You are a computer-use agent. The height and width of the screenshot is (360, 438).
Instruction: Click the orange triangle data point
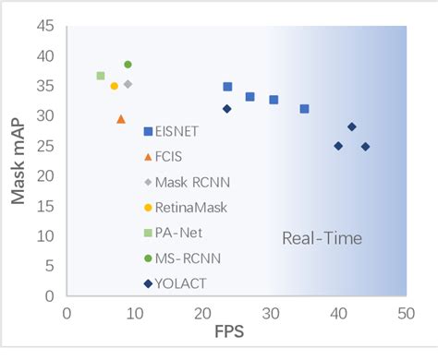pos(121,119)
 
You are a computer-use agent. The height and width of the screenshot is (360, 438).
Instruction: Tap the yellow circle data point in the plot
pos(115,86)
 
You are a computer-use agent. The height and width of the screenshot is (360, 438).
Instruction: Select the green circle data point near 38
pos(128,65)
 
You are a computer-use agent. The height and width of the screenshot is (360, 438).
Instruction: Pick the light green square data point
pos(101,76)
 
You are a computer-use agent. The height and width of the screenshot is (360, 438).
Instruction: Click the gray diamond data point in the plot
pos(128,84)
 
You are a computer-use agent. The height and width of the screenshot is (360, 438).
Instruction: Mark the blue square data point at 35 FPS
pos(305,109)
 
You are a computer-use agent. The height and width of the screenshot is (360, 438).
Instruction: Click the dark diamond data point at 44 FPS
pos(366,147)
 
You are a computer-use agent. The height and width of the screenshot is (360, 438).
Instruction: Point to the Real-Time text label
pos(322,239)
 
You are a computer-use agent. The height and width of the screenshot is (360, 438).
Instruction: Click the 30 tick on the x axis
pos(270,314)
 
